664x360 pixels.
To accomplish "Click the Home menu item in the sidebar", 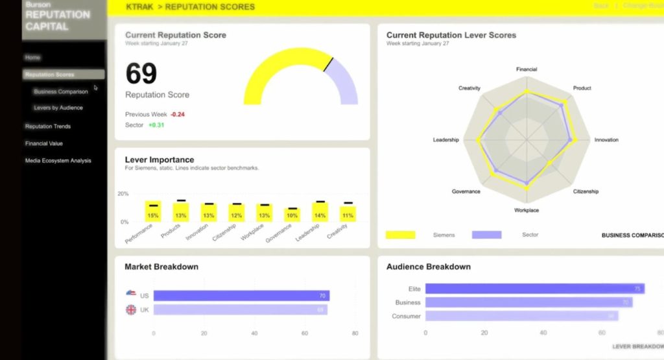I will [32, 58].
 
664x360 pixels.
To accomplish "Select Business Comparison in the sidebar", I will [61, 91].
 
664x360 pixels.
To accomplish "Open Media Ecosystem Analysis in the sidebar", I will [58, 161].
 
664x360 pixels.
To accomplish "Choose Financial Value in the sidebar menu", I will [44, 143].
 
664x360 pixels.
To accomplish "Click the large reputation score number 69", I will [141, 73].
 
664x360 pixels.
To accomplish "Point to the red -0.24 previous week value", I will [177, 114].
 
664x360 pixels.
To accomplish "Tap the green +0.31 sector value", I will [156, 125].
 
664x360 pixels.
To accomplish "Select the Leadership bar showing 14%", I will [320, 212].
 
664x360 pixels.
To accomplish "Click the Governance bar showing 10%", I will [292, 215].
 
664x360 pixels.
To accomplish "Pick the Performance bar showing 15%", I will [153, 211].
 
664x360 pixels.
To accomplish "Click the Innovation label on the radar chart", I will [606, 140].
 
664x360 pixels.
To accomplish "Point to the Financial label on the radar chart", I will [527, 69].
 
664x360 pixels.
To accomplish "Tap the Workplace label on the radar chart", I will [527, 210].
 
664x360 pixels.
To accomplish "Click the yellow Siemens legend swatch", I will [400, 235].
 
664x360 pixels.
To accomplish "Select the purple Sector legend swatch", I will [486, 235].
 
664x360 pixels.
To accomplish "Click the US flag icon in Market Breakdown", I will [131, 294].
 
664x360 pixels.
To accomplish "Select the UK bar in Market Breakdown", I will [240, 310].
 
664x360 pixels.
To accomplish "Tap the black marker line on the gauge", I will [328, 64].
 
